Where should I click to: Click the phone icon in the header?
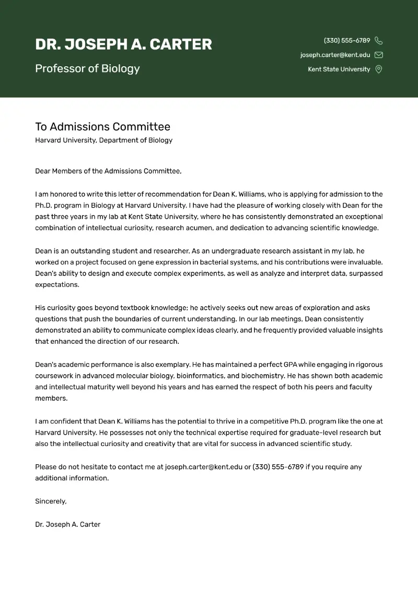pos(379,41)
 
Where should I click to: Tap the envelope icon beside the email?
pos(379,55)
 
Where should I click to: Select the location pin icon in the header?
pos(379,69)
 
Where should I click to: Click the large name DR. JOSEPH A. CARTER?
pos(123,45)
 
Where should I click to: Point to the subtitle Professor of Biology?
pos(87,69)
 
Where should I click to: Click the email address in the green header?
pos(335,55)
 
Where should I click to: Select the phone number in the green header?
pos(347,41)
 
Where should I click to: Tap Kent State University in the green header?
pos(339,69)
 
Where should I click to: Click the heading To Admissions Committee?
pos(102,127)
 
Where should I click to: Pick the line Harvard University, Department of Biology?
pos(103,140)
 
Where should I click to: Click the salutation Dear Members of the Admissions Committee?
pos(108,171)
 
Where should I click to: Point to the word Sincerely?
pos(51,501)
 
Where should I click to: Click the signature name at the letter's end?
pos(67,524)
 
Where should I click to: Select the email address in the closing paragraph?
pos(203,467)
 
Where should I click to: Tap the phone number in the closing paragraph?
pos(278,467)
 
